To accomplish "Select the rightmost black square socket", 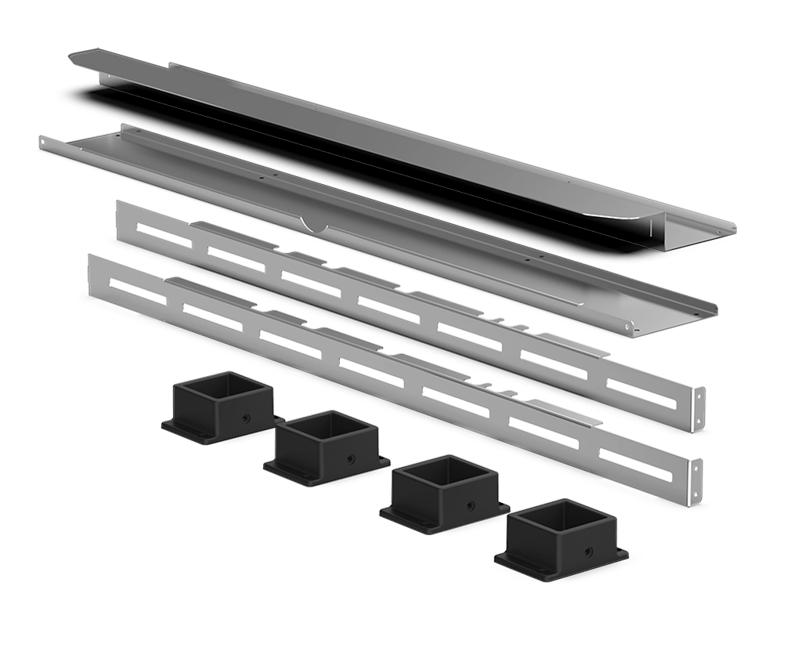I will coord(562,537).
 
